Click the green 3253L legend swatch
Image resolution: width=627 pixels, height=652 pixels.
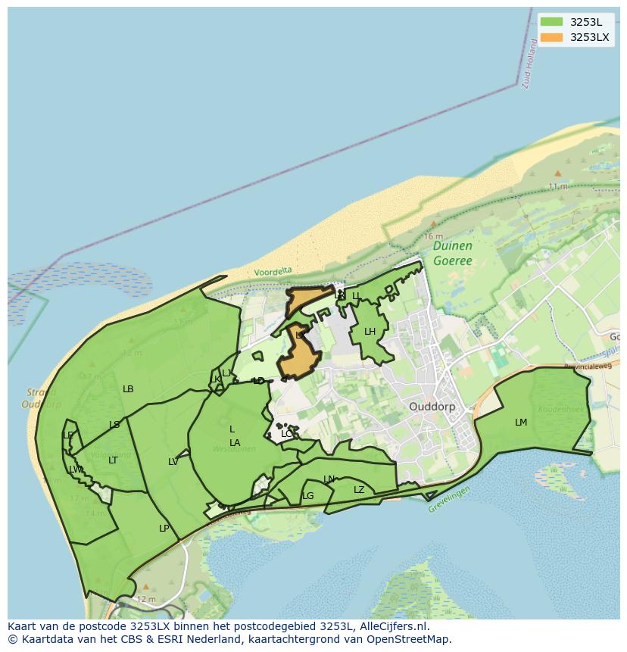[552, 22]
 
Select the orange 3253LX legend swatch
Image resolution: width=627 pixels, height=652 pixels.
[552, 37]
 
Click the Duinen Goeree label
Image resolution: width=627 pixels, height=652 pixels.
[453, 254]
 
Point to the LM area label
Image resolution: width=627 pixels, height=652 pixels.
[521, 423]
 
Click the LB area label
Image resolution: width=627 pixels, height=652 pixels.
[128, 389]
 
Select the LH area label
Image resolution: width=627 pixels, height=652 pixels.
[370, 332]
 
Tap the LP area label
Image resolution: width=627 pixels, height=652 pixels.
[164, 529]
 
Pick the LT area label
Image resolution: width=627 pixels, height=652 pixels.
[113, 460]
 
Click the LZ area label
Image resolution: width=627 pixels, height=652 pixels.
[359, 490]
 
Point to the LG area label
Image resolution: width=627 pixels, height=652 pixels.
[308, 497]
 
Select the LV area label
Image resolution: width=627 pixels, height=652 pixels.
[173, 462]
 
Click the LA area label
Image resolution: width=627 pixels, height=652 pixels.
[235, 443]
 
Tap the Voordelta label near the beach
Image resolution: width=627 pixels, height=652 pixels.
[273, 272]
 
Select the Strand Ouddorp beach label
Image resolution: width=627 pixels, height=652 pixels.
[42, 398]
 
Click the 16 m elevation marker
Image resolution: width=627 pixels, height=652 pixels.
[433, 236]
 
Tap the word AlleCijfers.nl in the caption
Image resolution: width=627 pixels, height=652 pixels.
[393, 626]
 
